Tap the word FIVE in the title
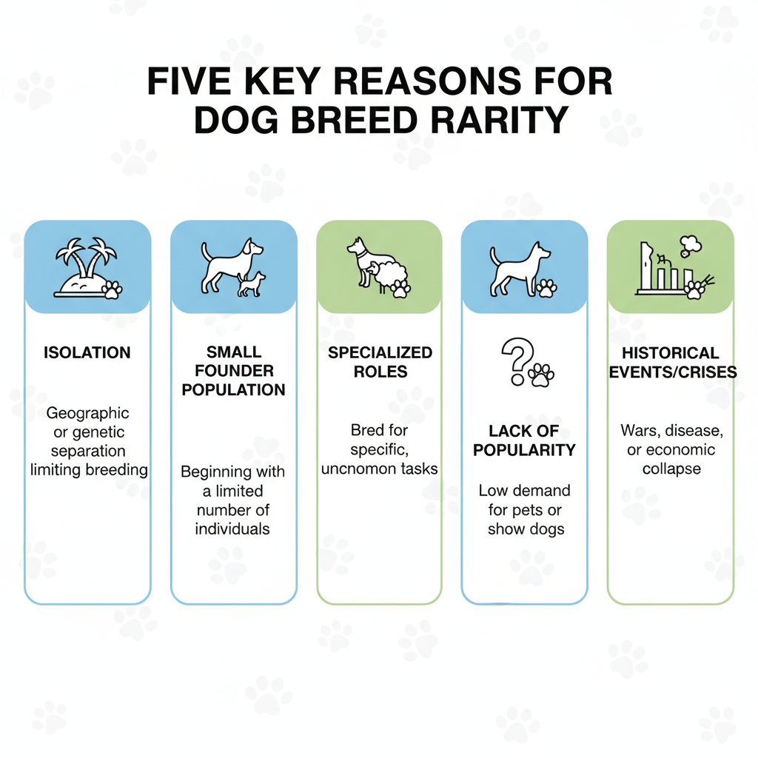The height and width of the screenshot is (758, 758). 189,81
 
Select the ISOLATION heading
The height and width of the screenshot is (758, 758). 87,352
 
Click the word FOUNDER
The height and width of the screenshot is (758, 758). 234,371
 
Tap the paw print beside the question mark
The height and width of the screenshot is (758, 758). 541,375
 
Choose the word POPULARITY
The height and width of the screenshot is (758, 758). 524,450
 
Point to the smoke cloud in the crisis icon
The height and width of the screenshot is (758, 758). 690,245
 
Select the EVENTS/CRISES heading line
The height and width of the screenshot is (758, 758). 672,372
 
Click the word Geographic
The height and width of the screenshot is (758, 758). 87,413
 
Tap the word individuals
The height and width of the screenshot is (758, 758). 232,529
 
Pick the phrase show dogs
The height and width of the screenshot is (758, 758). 526,529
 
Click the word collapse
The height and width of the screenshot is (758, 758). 671,469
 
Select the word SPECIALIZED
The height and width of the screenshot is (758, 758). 380,352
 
